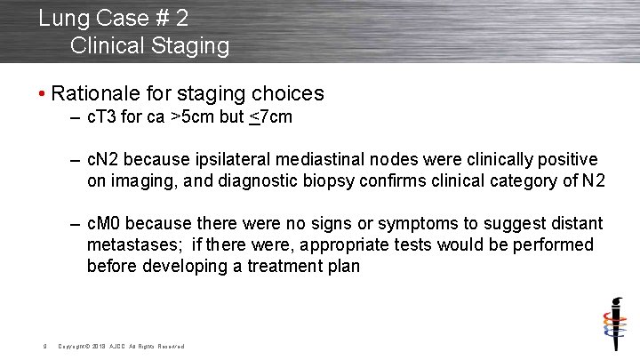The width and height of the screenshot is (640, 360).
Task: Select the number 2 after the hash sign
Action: [x=180, y=18]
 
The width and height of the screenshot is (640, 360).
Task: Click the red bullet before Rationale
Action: [x=42, y=94]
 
